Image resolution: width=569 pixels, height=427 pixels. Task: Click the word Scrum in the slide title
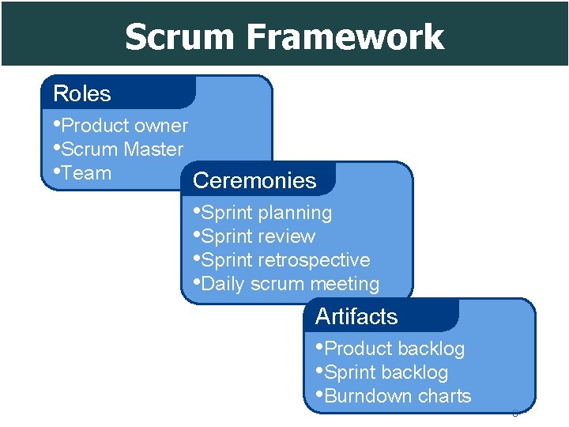[x=180, y=37]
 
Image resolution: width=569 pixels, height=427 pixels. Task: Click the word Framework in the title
[x=345, y=37]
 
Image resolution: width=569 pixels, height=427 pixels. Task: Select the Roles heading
[x=82, y=93]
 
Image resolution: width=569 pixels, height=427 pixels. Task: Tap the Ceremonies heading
[x=254, y=180]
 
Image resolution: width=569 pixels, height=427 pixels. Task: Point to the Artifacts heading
[x=356, y=316]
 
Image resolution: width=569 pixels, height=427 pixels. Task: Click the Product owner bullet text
[x=124, y=126]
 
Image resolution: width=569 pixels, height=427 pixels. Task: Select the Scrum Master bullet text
[x=122, y=149]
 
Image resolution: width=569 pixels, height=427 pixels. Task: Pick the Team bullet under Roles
[x=86, y=173]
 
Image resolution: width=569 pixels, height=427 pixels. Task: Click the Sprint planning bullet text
[x=266, y=213]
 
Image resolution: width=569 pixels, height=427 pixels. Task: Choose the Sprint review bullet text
[x=258, y=236]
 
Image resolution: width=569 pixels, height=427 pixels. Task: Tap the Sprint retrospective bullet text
[x=285, y=260]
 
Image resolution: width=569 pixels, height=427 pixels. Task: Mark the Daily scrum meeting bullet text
[x=290, y=284]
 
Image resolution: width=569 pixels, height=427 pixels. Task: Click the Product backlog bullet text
[x=394, y=349]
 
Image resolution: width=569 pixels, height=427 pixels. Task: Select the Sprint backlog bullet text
[x=386, y=372]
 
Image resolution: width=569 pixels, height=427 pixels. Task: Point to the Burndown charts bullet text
[x=398, y=396]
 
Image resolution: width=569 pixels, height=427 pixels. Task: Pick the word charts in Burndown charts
[x=445, y=396]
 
